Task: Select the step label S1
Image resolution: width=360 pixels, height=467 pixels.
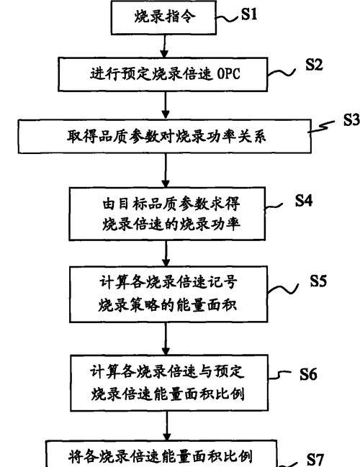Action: coord(249,14)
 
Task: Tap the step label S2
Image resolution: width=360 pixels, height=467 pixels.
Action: coord(314,64)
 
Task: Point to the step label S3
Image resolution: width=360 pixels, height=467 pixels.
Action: coord(351,119)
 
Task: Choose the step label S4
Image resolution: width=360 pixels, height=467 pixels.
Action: coord(304,200)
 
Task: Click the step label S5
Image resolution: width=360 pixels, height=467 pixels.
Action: coord(318,281)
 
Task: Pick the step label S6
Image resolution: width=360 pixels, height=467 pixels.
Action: coord(308,374)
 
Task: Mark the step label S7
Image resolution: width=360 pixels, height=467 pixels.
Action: coord(315,459)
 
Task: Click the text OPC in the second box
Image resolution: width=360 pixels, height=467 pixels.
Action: coord(228,73)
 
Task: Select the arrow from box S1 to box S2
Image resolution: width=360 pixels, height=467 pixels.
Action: coord(164,46)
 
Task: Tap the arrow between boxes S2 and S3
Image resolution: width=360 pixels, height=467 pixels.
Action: coord(166,106)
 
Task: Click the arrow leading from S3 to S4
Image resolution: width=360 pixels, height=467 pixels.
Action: coord(166,171)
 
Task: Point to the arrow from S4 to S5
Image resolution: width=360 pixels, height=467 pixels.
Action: coord(166,253)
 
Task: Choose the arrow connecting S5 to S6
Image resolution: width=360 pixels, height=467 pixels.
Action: coord(166,338)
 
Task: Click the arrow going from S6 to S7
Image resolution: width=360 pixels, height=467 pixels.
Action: coord(167,425)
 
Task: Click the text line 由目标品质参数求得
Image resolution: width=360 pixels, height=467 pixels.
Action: coord(171,204)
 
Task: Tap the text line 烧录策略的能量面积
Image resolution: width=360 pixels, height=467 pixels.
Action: coord(168,304)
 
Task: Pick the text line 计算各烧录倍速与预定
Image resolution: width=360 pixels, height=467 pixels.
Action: coord(167,371)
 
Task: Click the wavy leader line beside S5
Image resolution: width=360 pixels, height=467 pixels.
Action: coord(283,289)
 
